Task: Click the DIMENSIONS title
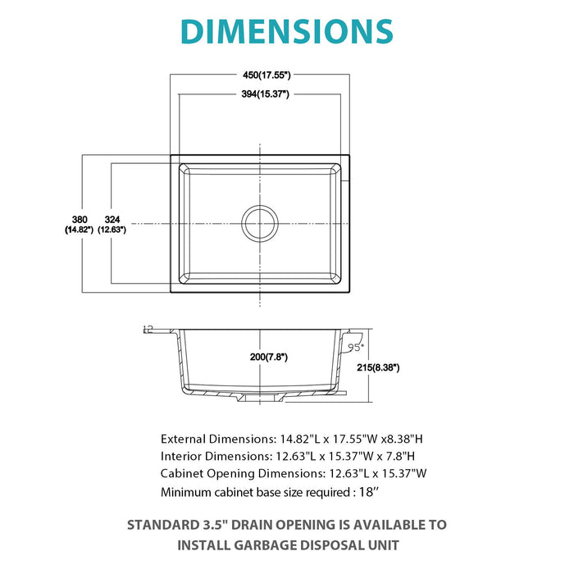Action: [286, 31]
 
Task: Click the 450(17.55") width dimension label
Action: [258, 75]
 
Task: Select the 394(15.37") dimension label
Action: [258, 94]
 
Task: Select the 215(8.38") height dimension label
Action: [376, 368]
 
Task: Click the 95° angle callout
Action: [354, 348]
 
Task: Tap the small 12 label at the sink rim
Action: [148, 329]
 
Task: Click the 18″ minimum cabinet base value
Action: [369, 492]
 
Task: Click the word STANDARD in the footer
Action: [162, 525]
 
